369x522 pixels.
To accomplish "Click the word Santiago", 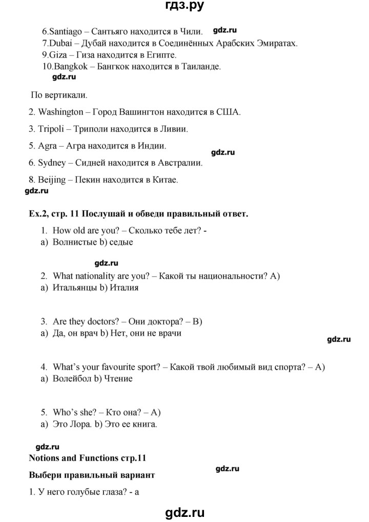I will pyautogui.click(x=65, y=32).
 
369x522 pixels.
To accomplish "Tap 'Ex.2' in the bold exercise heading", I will pyautogui.click(x=38, y=214).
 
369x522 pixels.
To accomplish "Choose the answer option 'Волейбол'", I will pyautogui.click(x=69, y=379).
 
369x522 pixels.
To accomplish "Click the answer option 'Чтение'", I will pyautogui.click(x=118, y=379).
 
